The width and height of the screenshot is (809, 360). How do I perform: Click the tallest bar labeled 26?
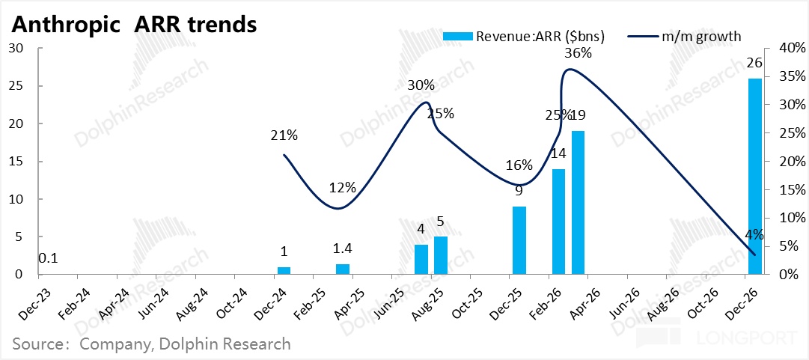point(754,177)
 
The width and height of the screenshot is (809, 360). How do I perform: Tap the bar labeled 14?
point(558,222)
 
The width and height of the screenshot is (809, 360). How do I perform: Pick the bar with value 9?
point(519,240)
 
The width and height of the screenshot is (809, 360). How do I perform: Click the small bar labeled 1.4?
point(342,269)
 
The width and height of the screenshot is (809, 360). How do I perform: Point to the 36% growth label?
point(578,53)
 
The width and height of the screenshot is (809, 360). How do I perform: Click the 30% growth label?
point(421,85)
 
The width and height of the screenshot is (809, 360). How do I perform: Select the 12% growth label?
point(342,188)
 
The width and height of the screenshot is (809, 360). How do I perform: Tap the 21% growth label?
point(284,135)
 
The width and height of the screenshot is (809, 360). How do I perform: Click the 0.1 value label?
point(49,259)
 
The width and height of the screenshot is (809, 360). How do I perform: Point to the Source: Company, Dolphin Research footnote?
point(151,344)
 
